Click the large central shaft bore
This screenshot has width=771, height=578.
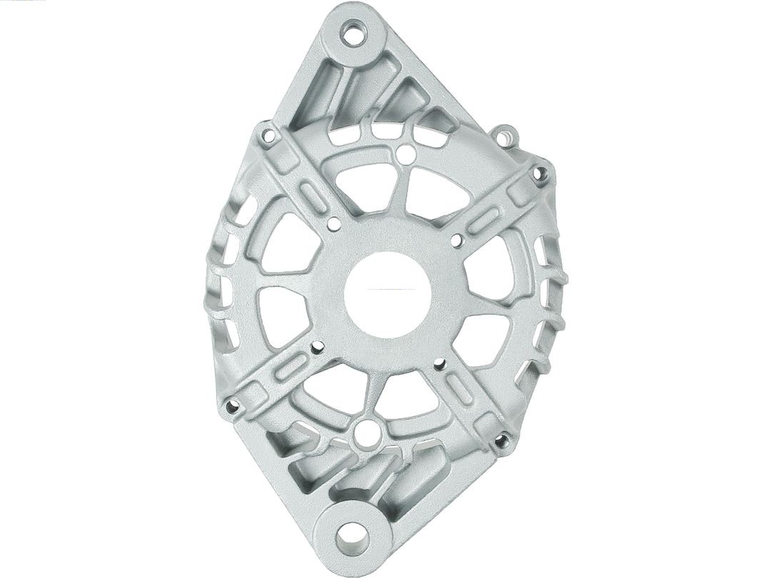(x=388, y=293)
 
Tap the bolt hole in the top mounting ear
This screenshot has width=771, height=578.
(x=352, y=32)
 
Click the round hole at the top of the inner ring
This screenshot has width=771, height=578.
(x=406, y=153)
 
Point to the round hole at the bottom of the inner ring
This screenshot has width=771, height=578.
(x=367, y=433)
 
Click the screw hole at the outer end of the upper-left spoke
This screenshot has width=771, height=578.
(x=268, y=134)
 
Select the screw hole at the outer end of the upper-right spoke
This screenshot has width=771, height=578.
(x=540, y=173)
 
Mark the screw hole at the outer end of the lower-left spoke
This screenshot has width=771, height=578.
(x=232, y=407)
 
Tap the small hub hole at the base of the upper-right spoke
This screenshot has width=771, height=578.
(x=457, y=240)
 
